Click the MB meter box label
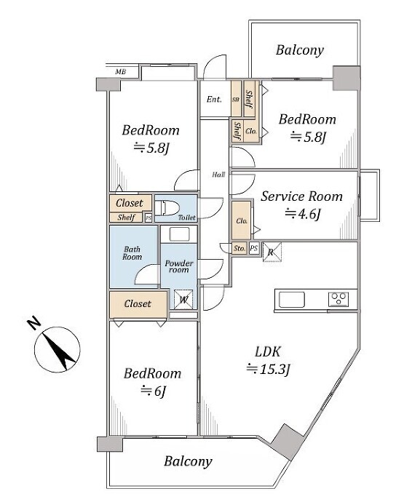pyautogui.click(x=120, y=72)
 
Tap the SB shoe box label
pyautogui.click(x=236, y=100)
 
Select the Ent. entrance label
pyautogui.click(x=214, y=99)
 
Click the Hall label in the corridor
pyautogui.click(x=218, y=175)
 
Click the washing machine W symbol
pyautogui.click(x=183, y=300)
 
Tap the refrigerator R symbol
pyautogui.click(x=272, y=252)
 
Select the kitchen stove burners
pyautogui.click(x=338, y=300)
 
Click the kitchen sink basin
pyautogui.click(x=292, y=300)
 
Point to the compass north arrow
pyautogui.click(x=58, y=350)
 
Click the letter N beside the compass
pyautogui.click(x=34, y=323)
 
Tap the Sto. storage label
pyautogui.click(x=239, y=248)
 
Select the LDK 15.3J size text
pyautogui.click(x=268, y=369)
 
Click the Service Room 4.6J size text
pyautogui.click(x=302, y=214)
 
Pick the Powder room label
pyautogui.click(x=179, y=266)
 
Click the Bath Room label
pyautogui.click(x=132, y=253)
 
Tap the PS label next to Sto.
pyautogui.click(x=254, y=248)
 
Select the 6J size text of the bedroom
pyautogui.click(x=153, y=391)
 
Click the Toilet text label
pyautogui.click(x=187, y=218)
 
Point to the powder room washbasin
pyautogui.click(x=179, y=234)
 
